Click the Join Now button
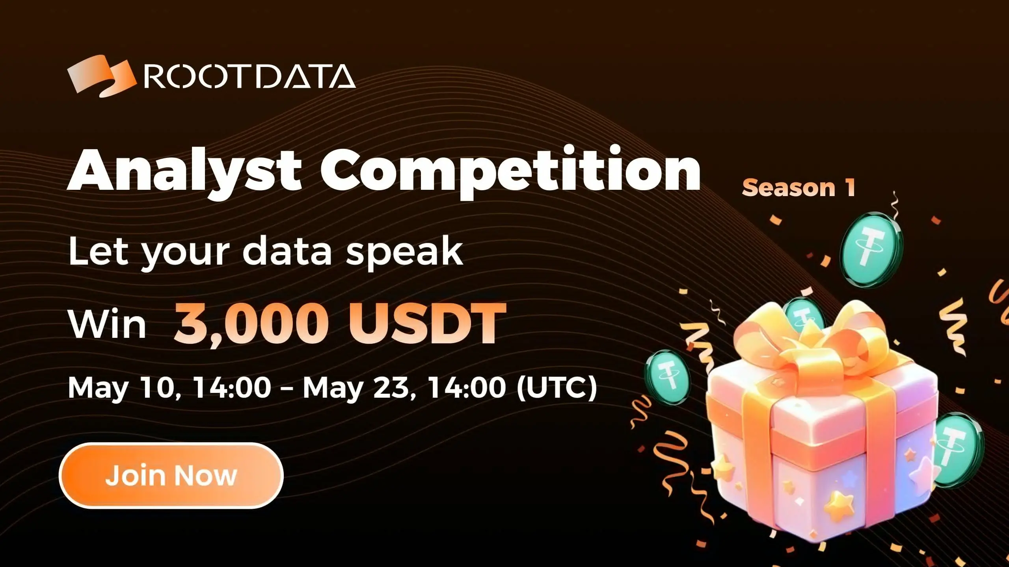click(x=171, y=475)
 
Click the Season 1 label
click(x=799, y=188)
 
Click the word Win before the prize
click(x=107, y=324)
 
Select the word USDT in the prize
click(x=426, y=324)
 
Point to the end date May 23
click(x=358, y=388)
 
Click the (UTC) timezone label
click(x=557, y=388)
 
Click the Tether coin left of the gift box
click(x=667, y=377)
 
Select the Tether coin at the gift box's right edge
click(x=958, y=449)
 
